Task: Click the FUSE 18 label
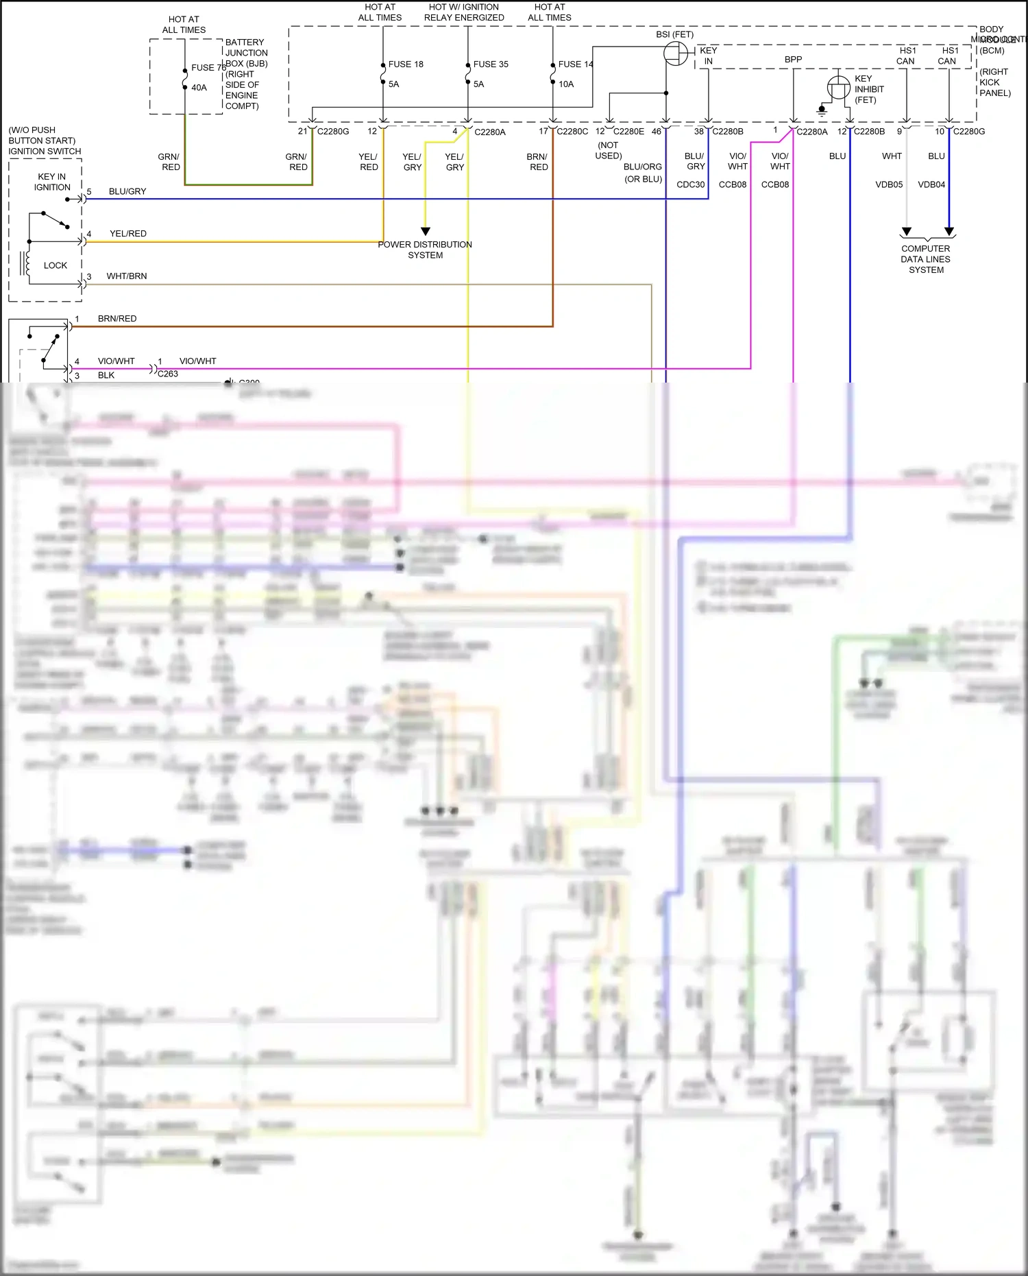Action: [405, 64]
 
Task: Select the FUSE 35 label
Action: [491, 64]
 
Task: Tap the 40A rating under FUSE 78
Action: [199, 88]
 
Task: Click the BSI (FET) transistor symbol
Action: [676, 53]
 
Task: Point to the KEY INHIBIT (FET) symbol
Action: [838, 87]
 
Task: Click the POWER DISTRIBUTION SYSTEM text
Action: [425, 250]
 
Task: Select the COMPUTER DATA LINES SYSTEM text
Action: [926, 259]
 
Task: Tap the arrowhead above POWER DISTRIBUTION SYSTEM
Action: [426, 231]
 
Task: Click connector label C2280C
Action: [572, 132]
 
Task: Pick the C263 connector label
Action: [168, 374]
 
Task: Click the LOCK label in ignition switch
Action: [56, 265]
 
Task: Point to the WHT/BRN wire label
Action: [127, 276]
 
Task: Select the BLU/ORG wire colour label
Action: [642, 167]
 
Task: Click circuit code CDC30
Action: [690, 184]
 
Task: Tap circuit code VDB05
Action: [889, 184]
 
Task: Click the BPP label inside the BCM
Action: [793, 60]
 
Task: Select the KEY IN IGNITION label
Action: [52, 182]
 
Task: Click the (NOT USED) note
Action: [609, 150]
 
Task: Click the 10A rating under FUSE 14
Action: [566, 84]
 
